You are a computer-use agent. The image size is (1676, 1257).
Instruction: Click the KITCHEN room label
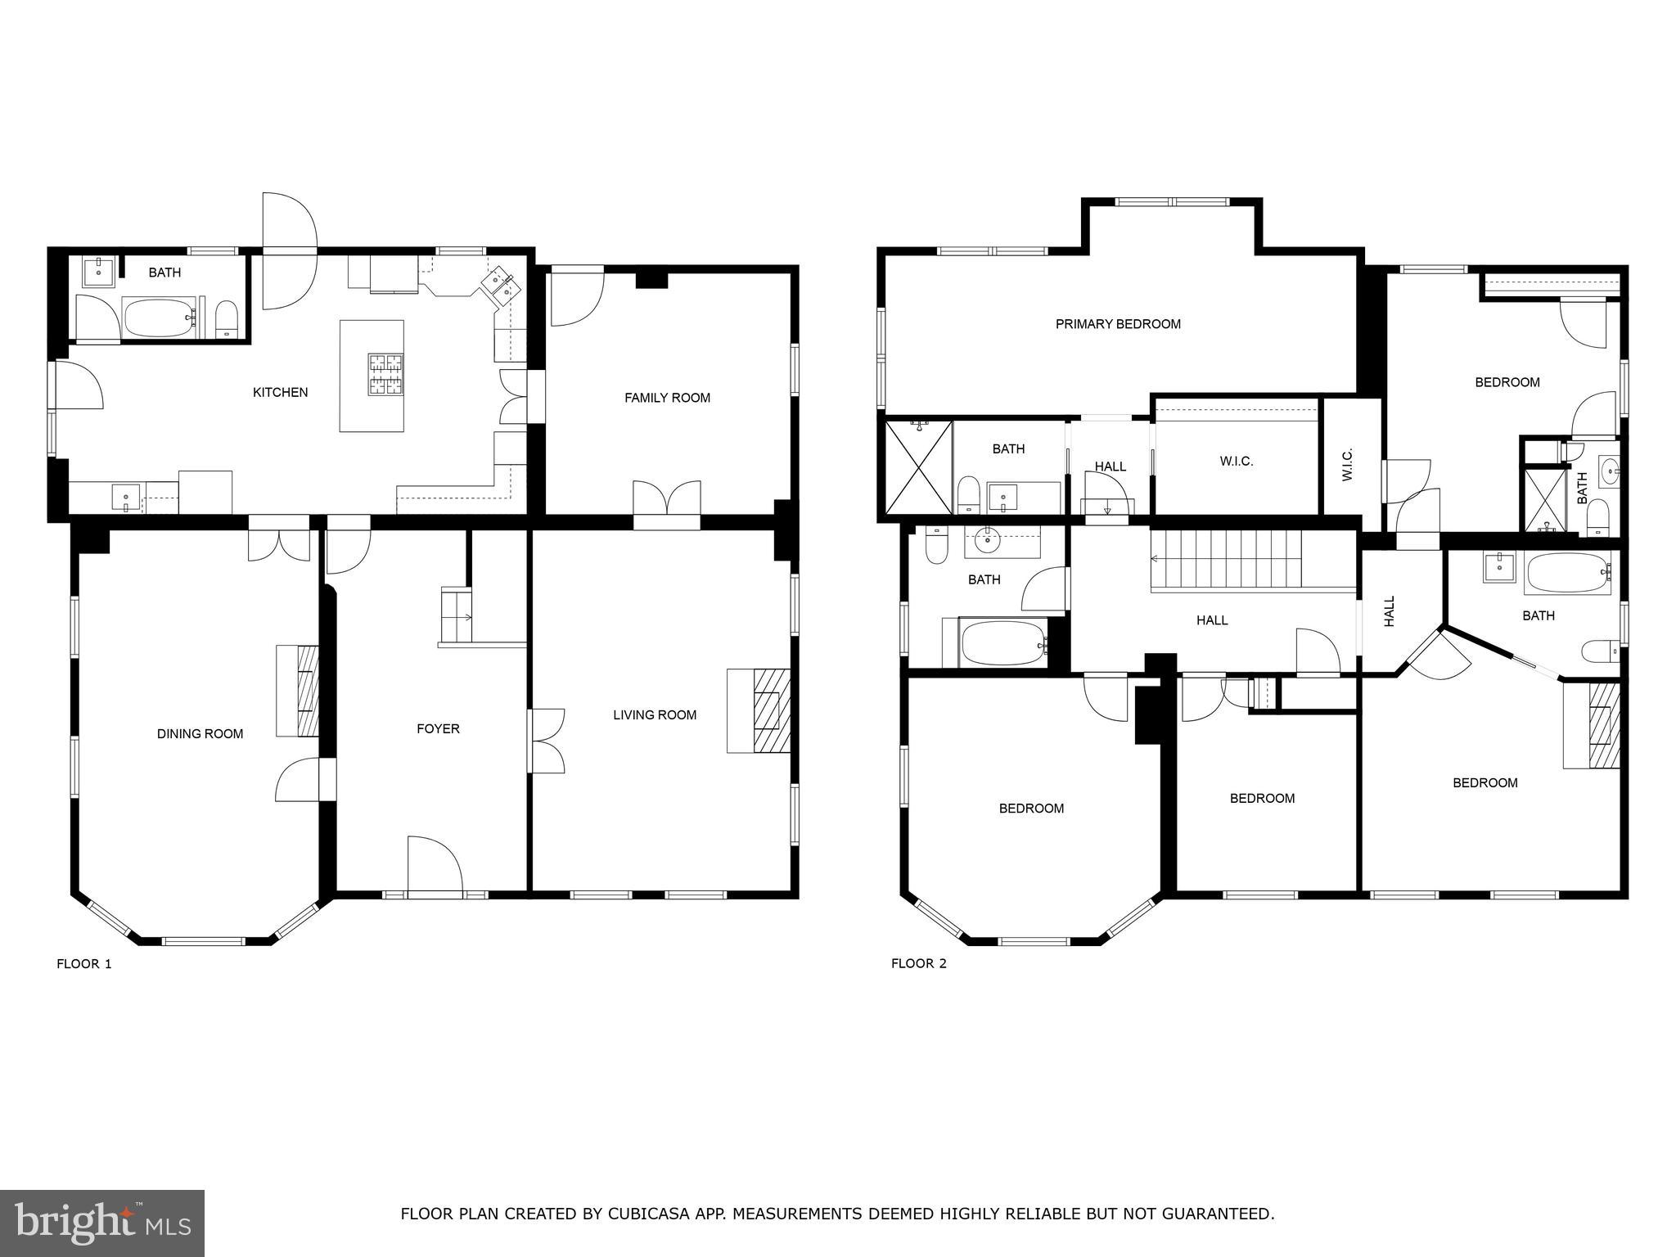point(280,393)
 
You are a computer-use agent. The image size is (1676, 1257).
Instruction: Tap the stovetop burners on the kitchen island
point(385,374)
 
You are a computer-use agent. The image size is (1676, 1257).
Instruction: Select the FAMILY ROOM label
point(667,398)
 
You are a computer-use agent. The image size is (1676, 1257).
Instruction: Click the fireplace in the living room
point(759,710)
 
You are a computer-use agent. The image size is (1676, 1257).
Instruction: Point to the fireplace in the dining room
point(298,691)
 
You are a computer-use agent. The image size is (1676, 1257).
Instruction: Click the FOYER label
point(438,728)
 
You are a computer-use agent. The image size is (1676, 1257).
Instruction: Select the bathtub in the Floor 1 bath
point(159,318)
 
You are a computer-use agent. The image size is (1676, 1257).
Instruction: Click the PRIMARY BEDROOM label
point(1118,324)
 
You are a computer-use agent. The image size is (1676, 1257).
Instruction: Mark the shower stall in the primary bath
point(919,467)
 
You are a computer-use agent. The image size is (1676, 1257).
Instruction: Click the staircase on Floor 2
point(1225,559)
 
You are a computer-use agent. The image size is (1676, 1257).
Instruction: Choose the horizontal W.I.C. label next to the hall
point(1236,462)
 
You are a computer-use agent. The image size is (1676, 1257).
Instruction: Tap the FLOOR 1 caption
point(83,964)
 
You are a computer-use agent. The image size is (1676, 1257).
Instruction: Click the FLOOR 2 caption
point(918,964)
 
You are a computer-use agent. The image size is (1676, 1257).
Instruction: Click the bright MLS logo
point(102,1223)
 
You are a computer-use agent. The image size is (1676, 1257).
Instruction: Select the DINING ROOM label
point(200,734)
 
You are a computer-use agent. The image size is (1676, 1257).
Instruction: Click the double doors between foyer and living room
point(547,741)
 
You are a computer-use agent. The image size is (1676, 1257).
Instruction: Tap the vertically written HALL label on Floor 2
point(1389,611)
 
